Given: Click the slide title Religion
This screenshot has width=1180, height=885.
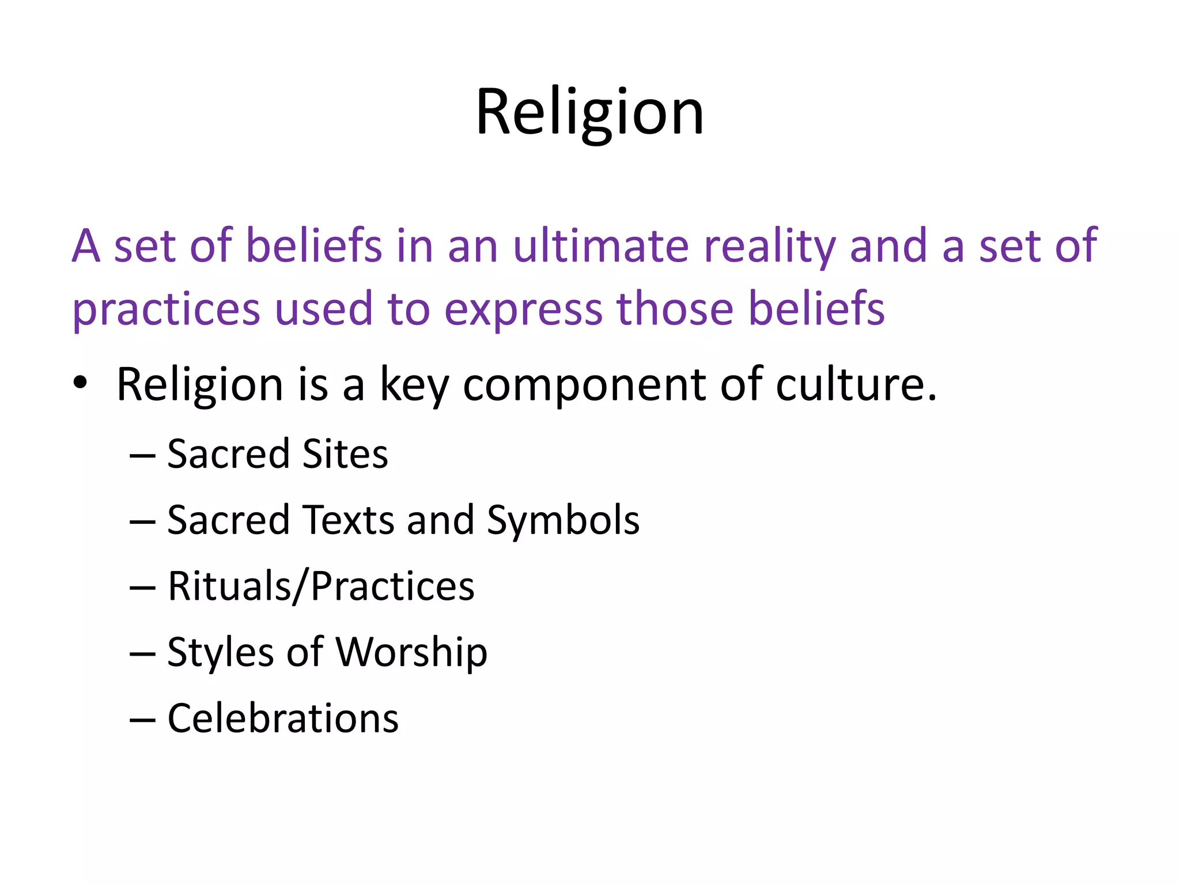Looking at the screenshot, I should pyautogui.click(x=589, y=112).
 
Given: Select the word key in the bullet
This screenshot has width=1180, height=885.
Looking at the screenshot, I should pyautogui.click(x=413, y=385).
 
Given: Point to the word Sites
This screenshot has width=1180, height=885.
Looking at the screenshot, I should pyautogui.click(x=345, y=454).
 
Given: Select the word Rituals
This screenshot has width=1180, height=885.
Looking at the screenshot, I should pyautogui.click(x=230, y=587).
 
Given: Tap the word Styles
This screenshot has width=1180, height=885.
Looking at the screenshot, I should pyautogui.click(x=220, y=653).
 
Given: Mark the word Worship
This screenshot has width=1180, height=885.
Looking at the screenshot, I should pyautogui.click(x=411, y=653).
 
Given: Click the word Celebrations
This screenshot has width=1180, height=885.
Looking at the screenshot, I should pyautogui.click(x=283, y=718).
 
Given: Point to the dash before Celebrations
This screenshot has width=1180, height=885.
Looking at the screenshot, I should pyautogui.click(x=142, y=720).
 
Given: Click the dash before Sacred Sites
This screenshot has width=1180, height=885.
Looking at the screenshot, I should pyautogui.click(x=142, y=455).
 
